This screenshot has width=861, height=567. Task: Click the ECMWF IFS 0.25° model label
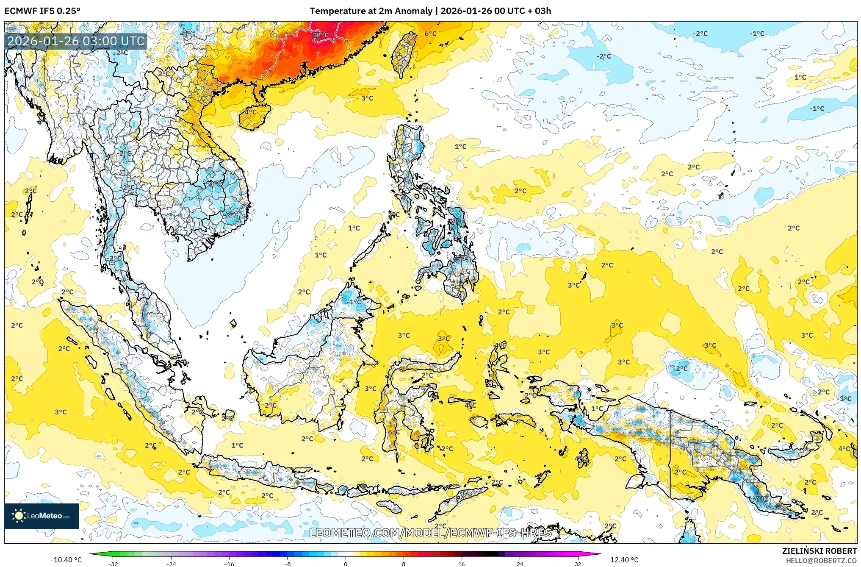coord(42,11)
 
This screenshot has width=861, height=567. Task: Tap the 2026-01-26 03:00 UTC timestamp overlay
coord(76,41)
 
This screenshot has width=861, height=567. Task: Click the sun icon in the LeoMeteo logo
coord(19,515)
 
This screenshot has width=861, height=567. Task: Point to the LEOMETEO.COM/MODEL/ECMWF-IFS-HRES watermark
coord(430,533)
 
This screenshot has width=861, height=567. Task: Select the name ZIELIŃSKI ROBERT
coord(819,551)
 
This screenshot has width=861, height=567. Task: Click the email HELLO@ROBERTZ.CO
coord(821,561)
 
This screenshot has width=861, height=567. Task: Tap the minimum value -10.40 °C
coord(66,560)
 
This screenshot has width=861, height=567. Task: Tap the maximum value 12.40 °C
coord(624,560)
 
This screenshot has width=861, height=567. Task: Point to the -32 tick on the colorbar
coord(113,564)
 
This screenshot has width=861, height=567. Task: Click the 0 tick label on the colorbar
coord(346,564)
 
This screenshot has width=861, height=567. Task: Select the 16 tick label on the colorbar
coord(461,564)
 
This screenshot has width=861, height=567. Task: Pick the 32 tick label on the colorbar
coord(578,564)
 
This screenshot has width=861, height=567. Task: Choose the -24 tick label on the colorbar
coord(171,564)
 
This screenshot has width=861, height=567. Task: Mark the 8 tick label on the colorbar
coord(403,564)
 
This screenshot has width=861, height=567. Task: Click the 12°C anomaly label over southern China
coord(321,35)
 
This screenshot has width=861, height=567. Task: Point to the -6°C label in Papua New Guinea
coord(761,499)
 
